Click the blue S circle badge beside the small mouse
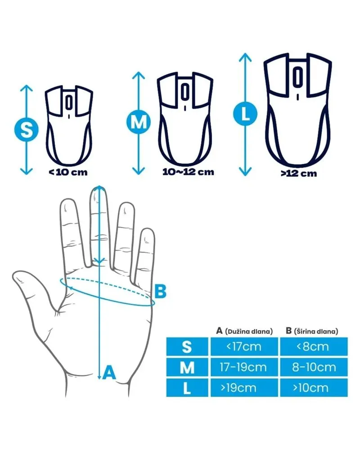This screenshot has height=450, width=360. pyautogui.click(x=27, y=130)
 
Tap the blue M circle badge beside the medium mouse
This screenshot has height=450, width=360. pyautogui.click(x=139, y=122)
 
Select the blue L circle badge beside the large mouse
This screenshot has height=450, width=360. pyautogui.click(x=245, y=114)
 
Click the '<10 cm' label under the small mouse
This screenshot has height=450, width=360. pyautogui.click(x=68, y=172)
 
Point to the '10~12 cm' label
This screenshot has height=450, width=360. pyautogui.click(x=189, y=172)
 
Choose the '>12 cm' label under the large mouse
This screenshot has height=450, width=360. pyautogui.click(x=298, y=173)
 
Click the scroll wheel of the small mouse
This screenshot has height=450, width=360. pyautogui.click(x=68, y=103)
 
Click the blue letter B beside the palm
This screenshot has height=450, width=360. pyautogui.click(x=160, y=291)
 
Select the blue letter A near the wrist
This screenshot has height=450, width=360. pyautogui.click(x=109, y=372)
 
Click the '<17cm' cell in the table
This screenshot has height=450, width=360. pyautogui.click(x=244, y=346)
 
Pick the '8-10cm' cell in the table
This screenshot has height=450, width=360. pyautogui.click(x=314, y=367)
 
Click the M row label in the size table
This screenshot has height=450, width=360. pyautogui.click(x=187, y=367)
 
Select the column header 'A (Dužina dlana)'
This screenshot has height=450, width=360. pyautogui.click(x=244, y=331)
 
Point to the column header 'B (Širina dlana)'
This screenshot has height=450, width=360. pyautogui.click(x=312, y=331)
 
